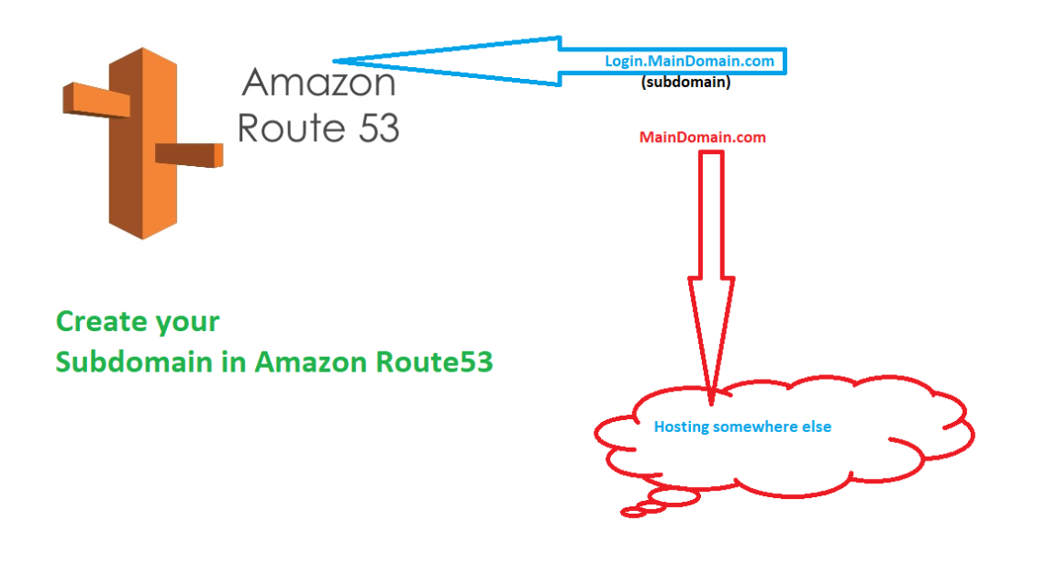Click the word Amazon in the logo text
(x=318, y=83)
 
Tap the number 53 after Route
(x=373, y=128)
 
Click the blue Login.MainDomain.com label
(x=689, y=61)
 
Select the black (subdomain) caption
(x=685, y=82)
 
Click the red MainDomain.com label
(x=702, y=138)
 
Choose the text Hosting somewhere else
(x=742, y=427)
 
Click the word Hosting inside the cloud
(x=681, y=427)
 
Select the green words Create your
(x=138, y=322)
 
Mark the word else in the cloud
(x=817, y=427)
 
